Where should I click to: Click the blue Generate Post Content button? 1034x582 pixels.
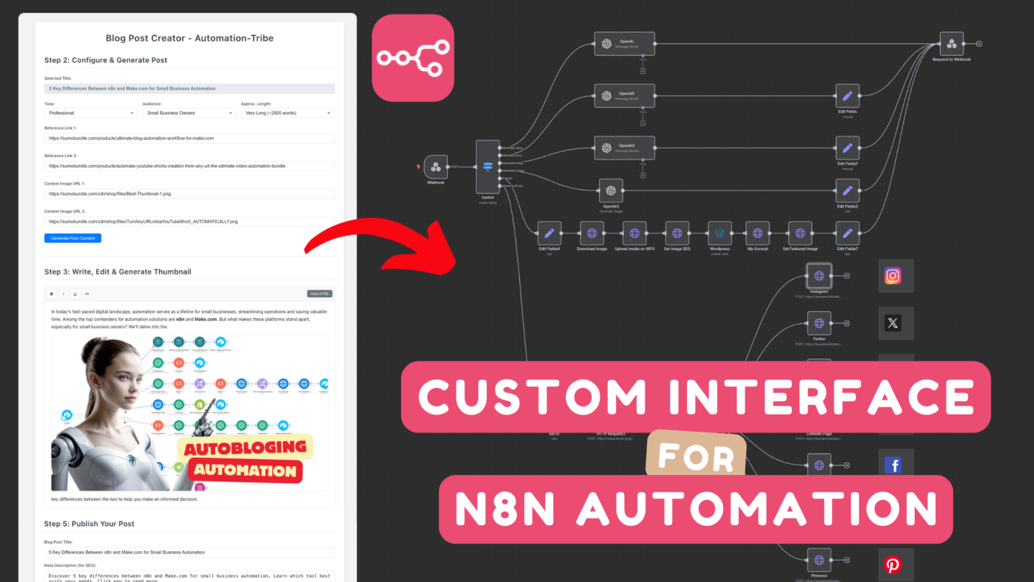click(73, 238)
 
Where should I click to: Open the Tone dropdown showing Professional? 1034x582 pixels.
click(90, 113)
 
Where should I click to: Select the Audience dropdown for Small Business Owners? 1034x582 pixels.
click(189, 113)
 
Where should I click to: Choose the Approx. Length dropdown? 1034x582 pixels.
click(287, 113)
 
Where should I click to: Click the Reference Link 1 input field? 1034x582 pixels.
click(189, 138)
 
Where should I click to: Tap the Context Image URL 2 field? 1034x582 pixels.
click(189, 221)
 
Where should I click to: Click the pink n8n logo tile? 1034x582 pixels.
click(413, 58)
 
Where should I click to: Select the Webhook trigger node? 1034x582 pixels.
click(436, 167)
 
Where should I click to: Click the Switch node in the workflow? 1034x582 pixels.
click(488, 167)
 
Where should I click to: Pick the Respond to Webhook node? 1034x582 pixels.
click(951, 44)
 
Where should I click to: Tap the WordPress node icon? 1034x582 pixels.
click(719, 233)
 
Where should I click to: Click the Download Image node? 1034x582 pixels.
click(592, 233)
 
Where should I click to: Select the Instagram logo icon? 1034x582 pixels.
click(893, 276)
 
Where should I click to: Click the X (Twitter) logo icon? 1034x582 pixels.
click(893, 323)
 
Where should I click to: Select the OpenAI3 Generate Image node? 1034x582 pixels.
click(611, 190)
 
